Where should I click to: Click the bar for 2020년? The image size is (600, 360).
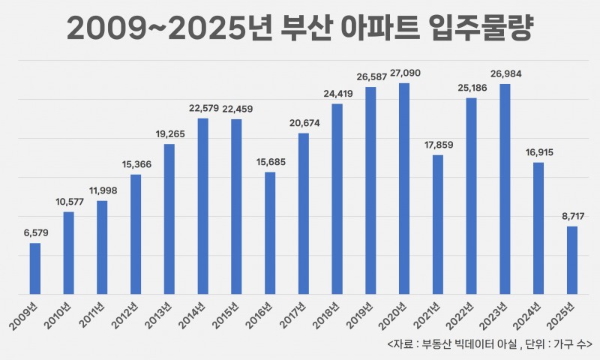404,188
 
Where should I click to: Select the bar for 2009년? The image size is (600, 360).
35,268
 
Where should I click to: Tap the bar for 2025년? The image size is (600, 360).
572,260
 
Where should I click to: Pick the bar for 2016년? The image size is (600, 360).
270,233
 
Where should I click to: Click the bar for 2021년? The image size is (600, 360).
438,224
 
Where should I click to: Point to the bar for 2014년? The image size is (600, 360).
203,206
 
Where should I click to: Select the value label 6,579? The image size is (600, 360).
35,233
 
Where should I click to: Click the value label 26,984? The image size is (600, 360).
505,75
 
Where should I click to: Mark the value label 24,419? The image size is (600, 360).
337,95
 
